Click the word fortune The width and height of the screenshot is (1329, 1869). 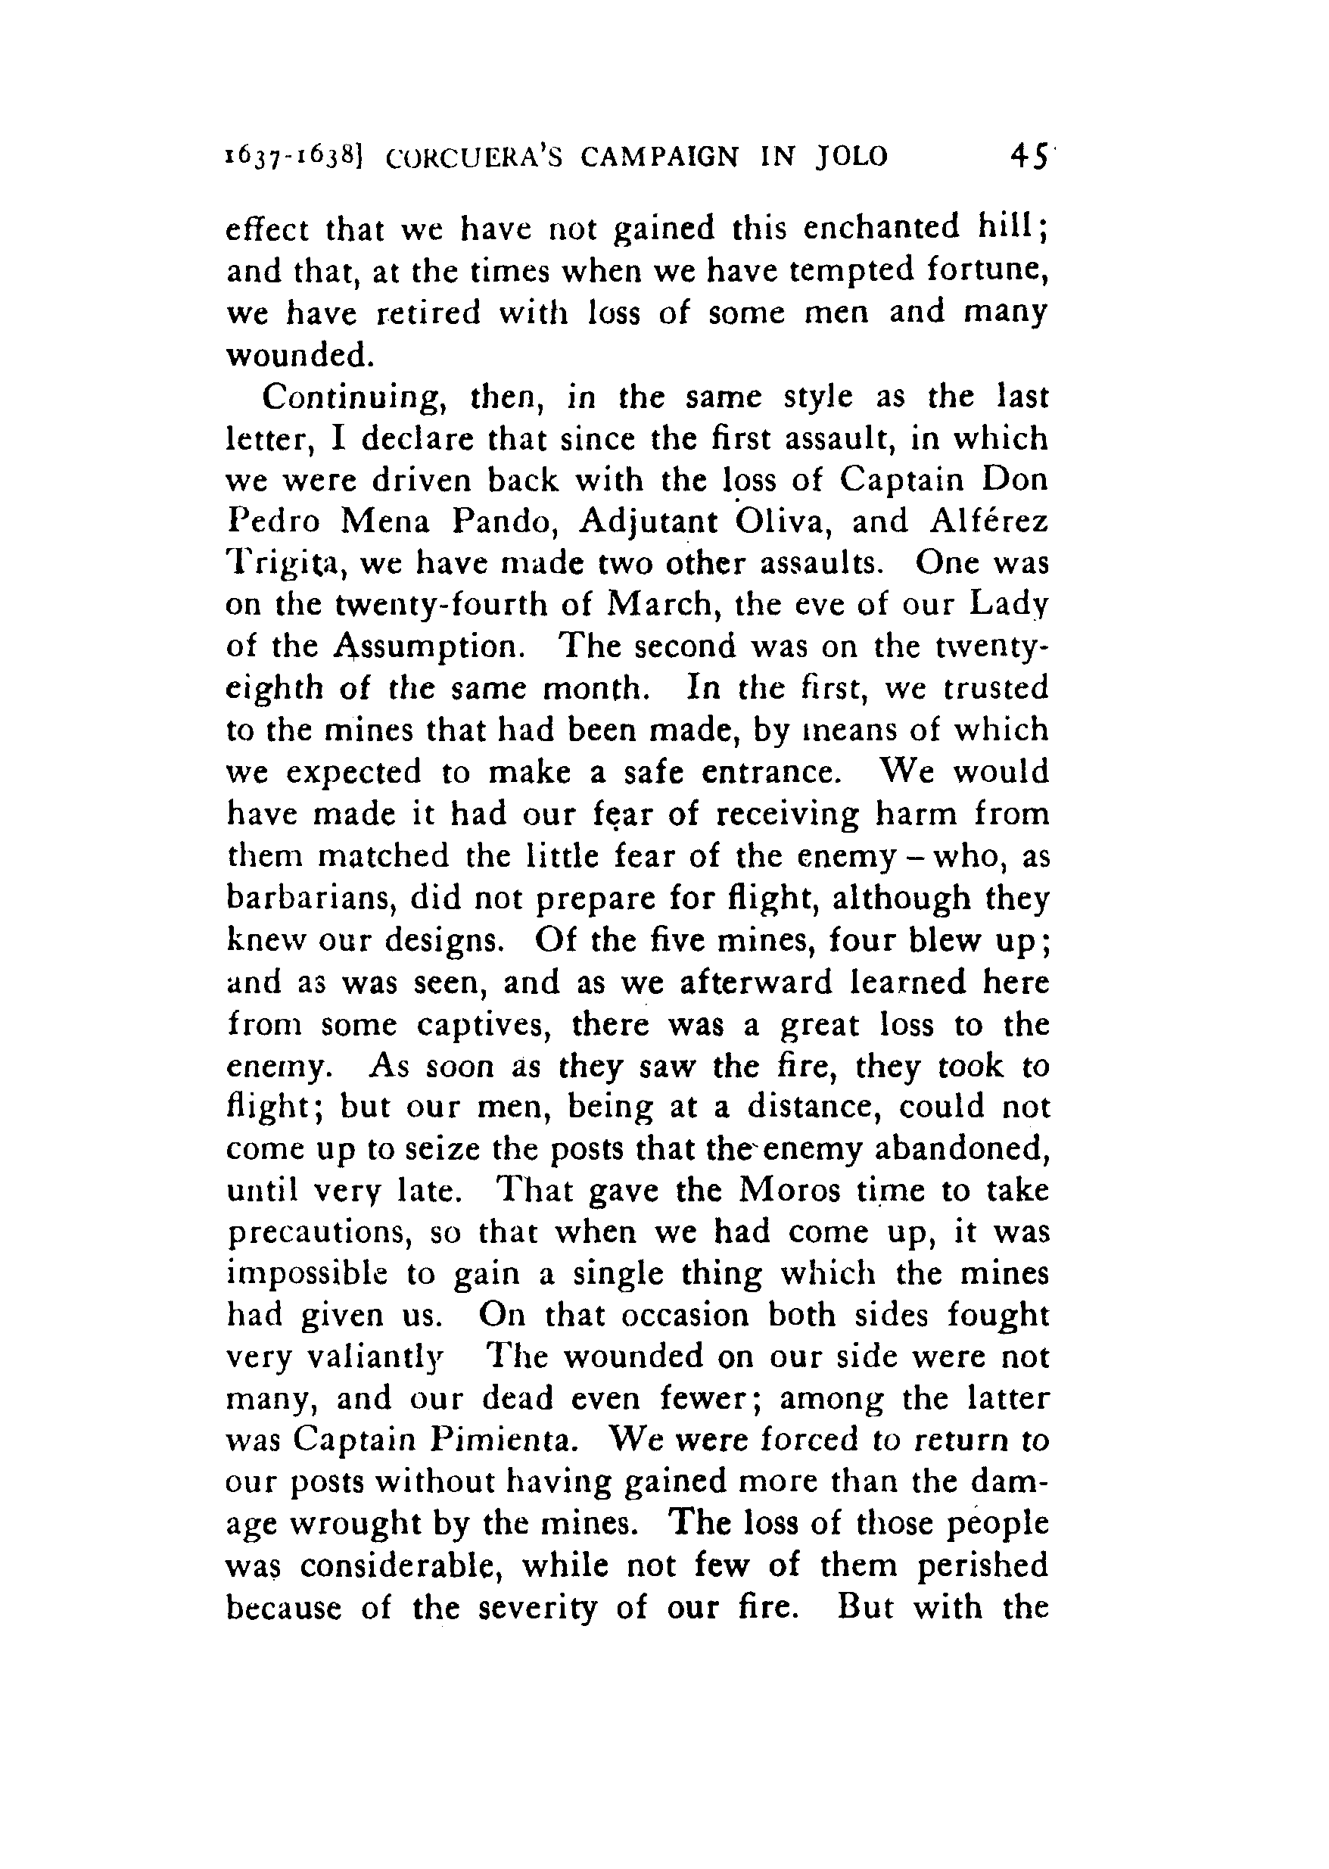(x=987, y=270)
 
